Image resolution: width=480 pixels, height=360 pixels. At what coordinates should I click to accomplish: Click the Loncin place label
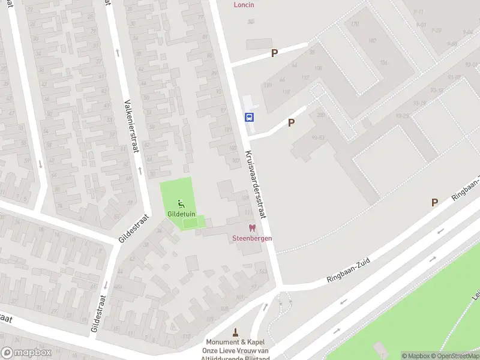[244, 5]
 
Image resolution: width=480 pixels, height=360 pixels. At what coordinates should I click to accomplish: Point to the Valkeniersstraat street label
[131, 126]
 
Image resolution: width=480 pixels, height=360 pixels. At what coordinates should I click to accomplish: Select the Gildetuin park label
[181, 214]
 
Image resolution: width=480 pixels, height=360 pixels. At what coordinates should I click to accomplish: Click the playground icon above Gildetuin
[181, 205]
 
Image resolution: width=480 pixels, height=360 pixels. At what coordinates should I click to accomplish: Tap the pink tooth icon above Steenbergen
[253, 228]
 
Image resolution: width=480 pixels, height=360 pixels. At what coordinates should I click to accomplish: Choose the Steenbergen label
[253, 238]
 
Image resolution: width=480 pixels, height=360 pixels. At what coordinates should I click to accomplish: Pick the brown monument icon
[235, 332]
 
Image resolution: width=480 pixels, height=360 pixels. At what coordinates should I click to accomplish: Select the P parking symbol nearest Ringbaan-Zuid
[434, 203]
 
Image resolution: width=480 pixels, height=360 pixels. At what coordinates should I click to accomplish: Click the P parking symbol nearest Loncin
[274, 53]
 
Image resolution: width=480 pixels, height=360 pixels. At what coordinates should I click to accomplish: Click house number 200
[320, 115]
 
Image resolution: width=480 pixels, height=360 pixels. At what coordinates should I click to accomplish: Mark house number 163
[262, 272]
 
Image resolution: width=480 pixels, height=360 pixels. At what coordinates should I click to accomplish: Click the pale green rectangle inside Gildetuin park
[190, 223]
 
